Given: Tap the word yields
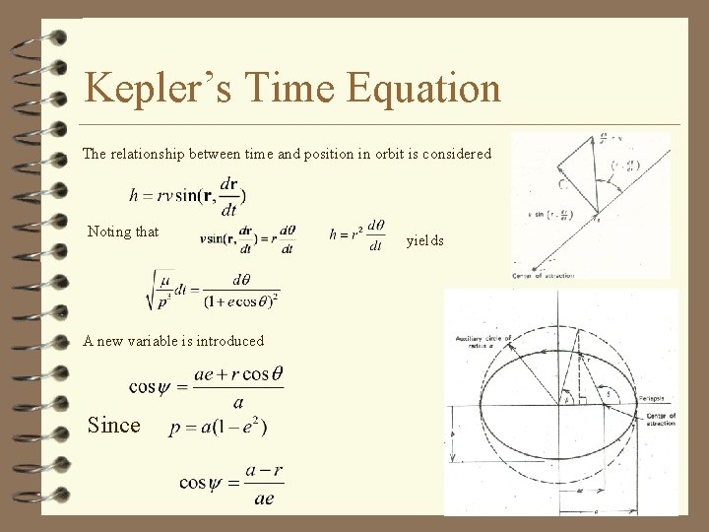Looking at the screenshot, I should [x=424, y=240].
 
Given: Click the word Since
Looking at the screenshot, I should [x=114, y=425].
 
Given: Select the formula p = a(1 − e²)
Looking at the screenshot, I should [x=219, y=427].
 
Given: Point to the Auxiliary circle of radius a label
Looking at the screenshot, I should [x=480, y=341].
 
